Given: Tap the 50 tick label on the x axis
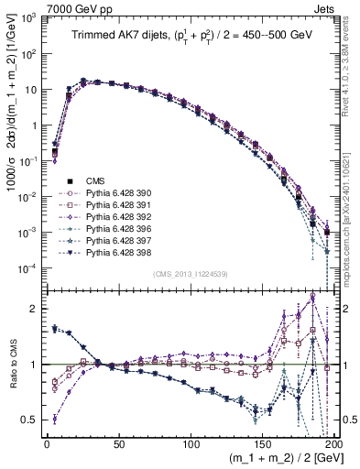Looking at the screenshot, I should (118, 443).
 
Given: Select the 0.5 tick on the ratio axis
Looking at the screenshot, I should (31, 420).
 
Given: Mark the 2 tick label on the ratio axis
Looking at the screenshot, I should (35, 309).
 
